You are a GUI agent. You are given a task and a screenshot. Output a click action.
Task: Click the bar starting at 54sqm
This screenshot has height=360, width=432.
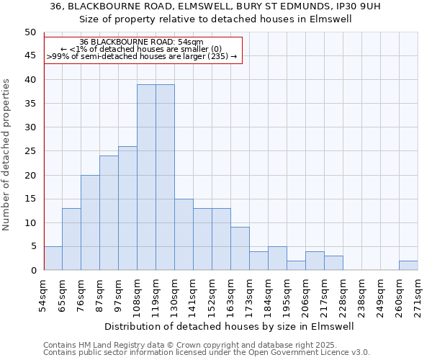[53, 258]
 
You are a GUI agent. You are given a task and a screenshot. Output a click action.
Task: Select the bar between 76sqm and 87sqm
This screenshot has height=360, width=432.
[90, 222]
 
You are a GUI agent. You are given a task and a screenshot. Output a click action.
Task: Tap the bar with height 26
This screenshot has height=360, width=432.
[127, 208]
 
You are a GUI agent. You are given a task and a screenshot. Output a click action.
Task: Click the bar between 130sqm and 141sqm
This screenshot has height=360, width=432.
[184, 235]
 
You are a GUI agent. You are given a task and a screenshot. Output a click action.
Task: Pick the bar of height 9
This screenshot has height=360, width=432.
[240, 248]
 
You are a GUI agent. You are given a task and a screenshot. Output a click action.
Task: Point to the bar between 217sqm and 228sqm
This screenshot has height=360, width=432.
[333, 263]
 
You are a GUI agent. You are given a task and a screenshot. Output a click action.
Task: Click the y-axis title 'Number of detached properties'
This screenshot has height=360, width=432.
[7, 155]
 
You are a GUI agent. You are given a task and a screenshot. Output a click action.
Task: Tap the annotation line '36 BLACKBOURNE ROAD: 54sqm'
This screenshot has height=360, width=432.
[141, 42]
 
